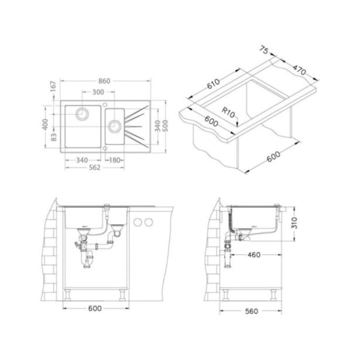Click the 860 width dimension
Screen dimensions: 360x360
(x=104, y=81)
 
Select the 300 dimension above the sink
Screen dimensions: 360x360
(x=98, y=92)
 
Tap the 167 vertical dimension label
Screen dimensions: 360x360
(x=53, y=86)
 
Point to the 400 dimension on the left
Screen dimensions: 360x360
(x=46, y=124)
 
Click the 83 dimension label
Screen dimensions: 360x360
(x=53, y=138)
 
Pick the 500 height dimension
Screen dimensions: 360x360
(x=165, y=126)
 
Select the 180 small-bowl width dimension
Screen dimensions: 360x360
(x=115, y=160)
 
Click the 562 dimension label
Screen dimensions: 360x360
(x=95, y=167)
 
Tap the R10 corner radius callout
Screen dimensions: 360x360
(x=228, y=112)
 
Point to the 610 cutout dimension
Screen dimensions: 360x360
(x=214, y=84)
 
